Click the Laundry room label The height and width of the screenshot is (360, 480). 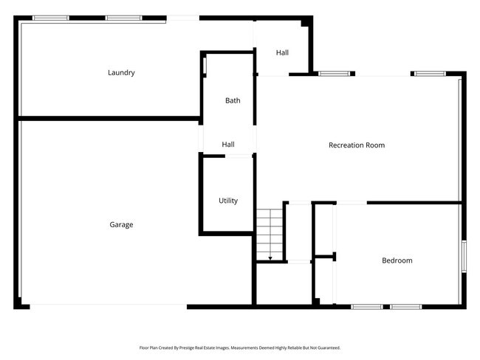[x=121, y=72]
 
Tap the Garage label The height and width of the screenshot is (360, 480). [x=121, y=224]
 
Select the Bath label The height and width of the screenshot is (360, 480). [x=233, y=100]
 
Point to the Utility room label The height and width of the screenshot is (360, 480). [x=228, y=201]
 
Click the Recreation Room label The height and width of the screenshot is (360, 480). [x=357, y=145]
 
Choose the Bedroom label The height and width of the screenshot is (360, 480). [x=397, y=260]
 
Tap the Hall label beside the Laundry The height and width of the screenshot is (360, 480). [x=282, y=52]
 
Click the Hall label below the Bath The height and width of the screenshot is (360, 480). [x=228, y=145]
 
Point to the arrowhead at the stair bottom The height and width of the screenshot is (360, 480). [x=270, y=258]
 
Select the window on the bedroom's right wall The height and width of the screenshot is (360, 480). [x=463, y=256]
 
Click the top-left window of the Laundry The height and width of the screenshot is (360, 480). [x=51, y=18]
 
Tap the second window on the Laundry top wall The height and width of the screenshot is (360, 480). [x=123, y=18]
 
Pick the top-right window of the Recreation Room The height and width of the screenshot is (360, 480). [x=429, y=74]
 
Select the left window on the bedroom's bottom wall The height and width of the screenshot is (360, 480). [x=366, y=306]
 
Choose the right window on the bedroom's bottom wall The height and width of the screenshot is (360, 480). [x=405, y=306]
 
